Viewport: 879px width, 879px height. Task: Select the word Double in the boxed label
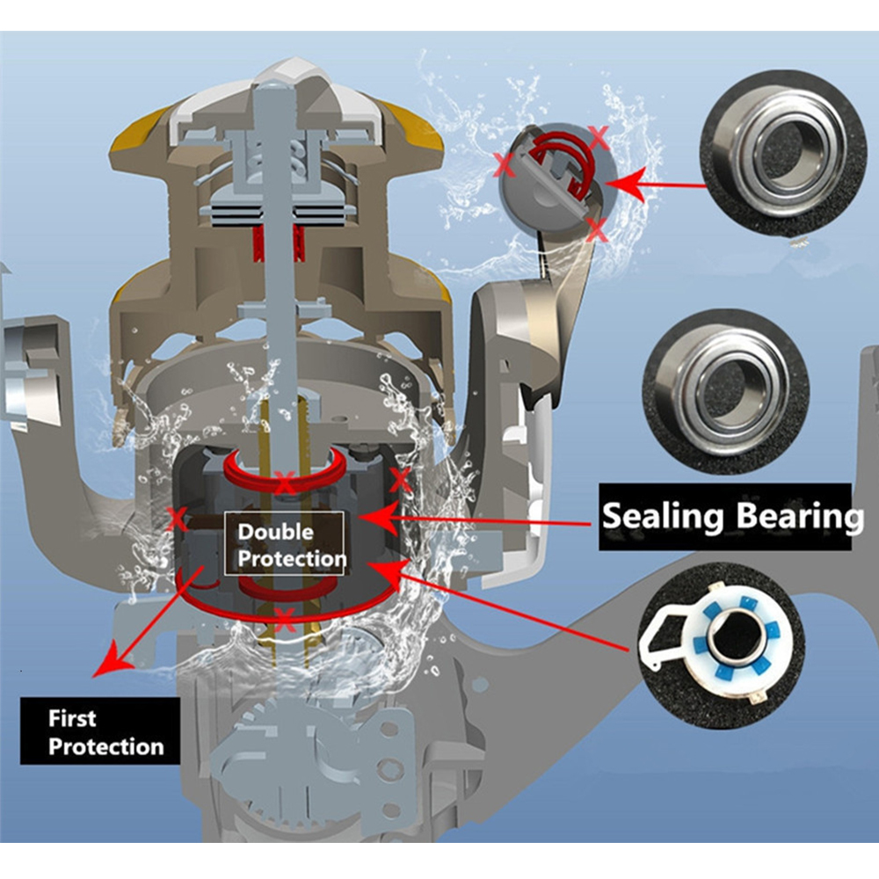tap(275, 532)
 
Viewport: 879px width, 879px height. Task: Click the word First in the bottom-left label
tap(72, 719)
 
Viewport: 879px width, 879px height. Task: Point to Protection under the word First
tap(105, 747)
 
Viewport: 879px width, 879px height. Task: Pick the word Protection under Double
tap(292, 559)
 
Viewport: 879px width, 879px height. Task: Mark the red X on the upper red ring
tap(283, 483)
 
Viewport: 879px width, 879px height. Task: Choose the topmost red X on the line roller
tap(599, 136)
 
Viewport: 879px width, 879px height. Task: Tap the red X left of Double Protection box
tap(178, 518)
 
